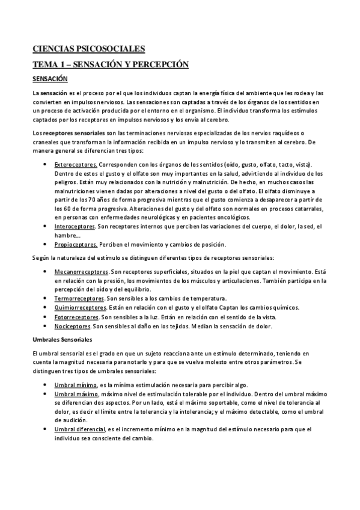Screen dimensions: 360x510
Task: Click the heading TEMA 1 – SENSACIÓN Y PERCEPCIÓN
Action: [x=111, y=64]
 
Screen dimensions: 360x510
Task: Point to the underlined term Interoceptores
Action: [x=75, y=226]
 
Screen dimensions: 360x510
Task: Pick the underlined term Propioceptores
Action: [x=76, y=244]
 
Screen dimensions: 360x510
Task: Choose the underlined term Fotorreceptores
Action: [x=76, y=316]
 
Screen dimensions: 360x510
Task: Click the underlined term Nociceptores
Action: [x=73, y=326]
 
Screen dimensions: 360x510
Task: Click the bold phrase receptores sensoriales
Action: [x=72, y=132]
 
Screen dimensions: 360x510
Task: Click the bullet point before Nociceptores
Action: [x=47, y=326]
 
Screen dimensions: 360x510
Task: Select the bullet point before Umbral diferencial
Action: [x=47, y=429]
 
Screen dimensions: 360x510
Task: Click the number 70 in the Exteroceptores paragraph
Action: [x=91, y=199]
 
